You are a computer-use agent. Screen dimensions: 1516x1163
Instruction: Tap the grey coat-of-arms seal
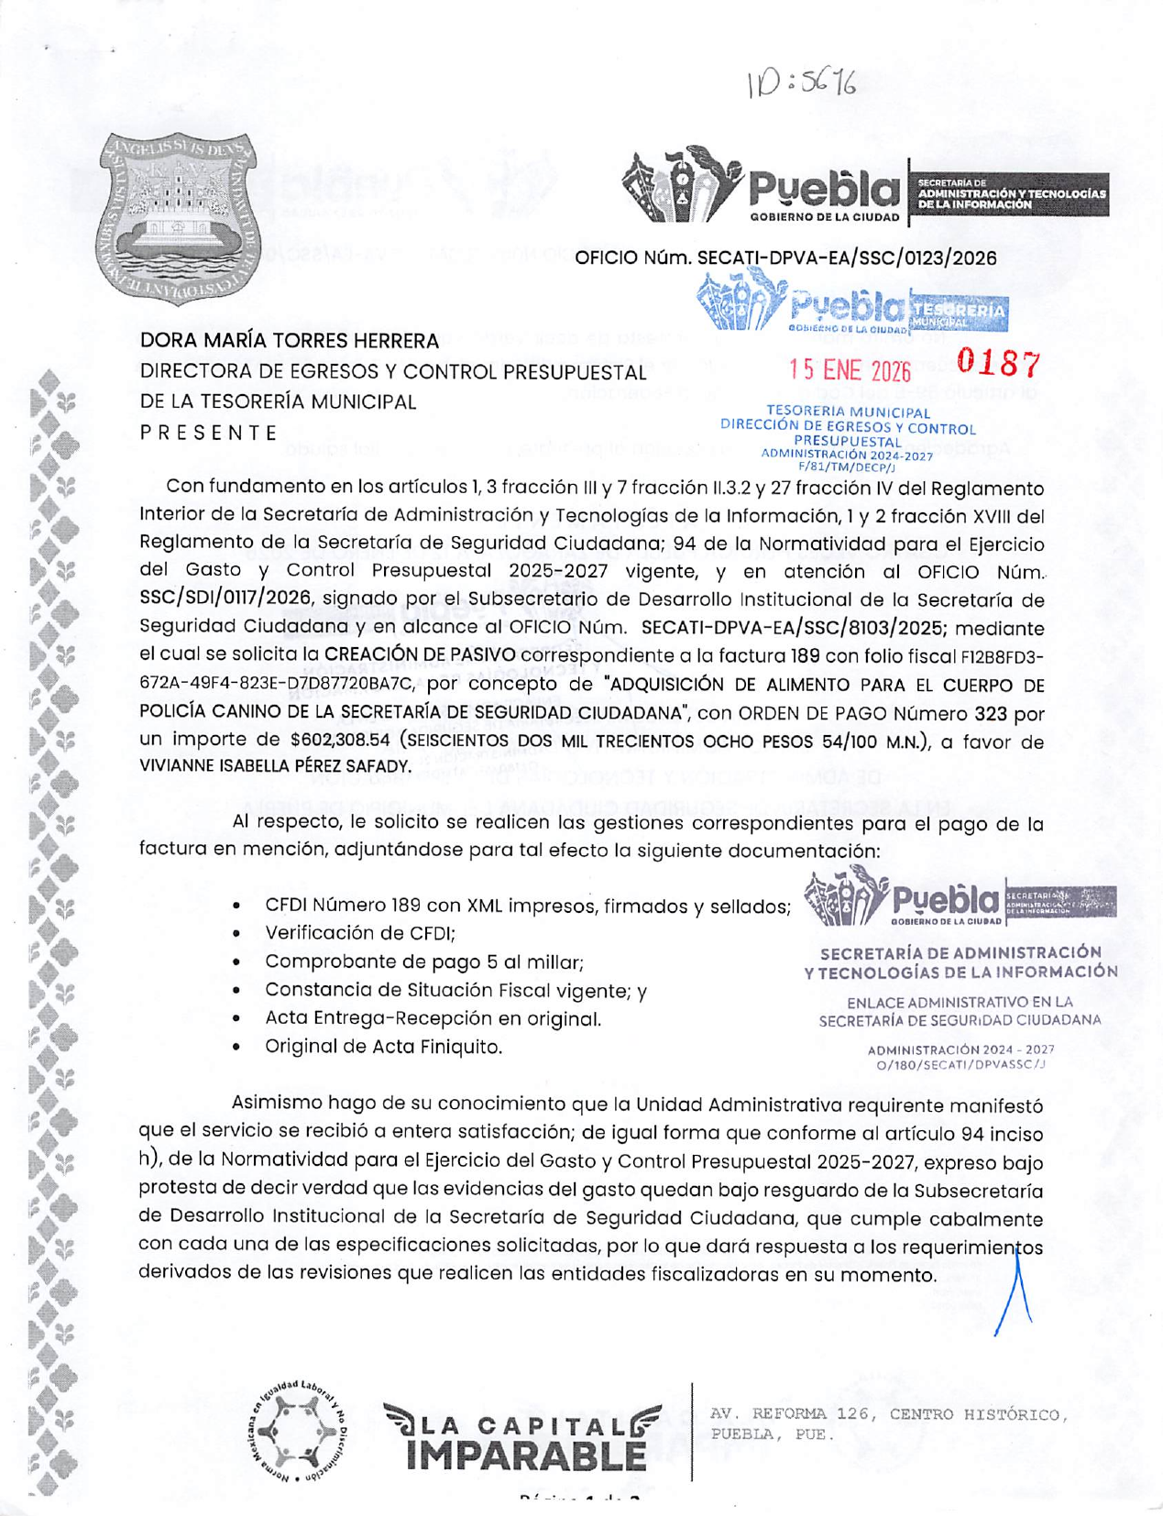(179, 218)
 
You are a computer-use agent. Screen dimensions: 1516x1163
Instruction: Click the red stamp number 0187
(999, 364)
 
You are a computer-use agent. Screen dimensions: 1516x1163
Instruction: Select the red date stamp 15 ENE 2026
(850, 369)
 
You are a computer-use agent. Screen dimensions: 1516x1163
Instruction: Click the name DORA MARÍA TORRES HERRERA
(290, 341)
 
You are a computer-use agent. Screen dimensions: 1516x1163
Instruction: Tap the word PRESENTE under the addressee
(209, 433)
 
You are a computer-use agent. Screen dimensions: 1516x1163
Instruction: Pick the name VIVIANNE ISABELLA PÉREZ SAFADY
(274, 766)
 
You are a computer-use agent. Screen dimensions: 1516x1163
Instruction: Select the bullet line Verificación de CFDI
(360, 933)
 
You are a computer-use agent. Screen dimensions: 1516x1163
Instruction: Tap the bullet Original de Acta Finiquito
(383, 1047)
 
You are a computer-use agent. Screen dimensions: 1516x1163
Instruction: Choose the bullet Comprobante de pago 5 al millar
(424, 961)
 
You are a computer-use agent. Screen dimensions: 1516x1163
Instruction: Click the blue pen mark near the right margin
(1015, 1293)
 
